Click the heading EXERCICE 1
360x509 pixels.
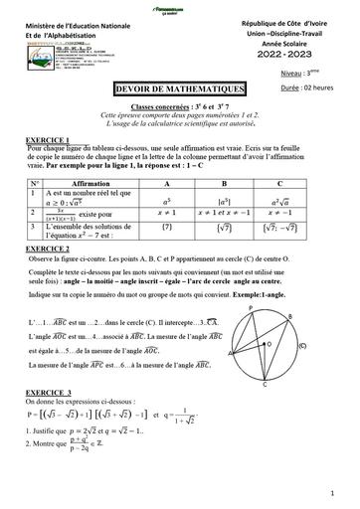click(x=49, y=139)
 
